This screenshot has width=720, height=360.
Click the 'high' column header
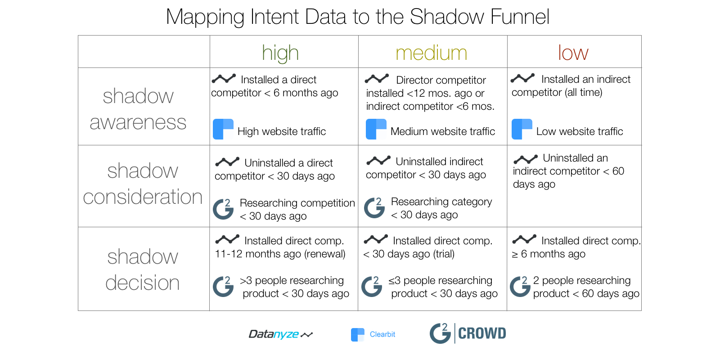[x=280, y=53]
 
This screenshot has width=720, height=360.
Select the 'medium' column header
[x=431, y=53]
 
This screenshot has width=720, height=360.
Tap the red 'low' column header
[x=573, y=53]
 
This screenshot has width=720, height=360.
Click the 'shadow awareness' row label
[x=138, y=109]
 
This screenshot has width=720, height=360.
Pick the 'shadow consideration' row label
[x=143, y=184]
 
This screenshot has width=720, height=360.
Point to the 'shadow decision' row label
[x=143, y=270]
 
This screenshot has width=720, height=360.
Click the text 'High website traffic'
[x=282, y=131]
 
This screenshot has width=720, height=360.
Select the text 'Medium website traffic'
[x=443, y=131]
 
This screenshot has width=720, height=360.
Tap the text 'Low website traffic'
[x=580, y=131]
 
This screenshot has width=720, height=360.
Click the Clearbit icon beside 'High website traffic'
[x=223, y=129]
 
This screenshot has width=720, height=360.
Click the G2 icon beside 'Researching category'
[x=374, y=208]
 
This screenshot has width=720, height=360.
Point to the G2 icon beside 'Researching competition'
[x=223, y=209]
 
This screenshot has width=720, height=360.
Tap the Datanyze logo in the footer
[x=280, y=334]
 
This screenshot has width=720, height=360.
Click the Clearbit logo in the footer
[x=373, y=334]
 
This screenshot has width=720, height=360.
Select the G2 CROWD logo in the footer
[x=468, y=333]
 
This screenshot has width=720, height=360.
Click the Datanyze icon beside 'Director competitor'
[x=377, y=79]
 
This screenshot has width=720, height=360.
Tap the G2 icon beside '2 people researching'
[x=520, y=287]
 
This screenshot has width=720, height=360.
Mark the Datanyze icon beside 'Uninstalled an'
[x=526, y=159]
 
